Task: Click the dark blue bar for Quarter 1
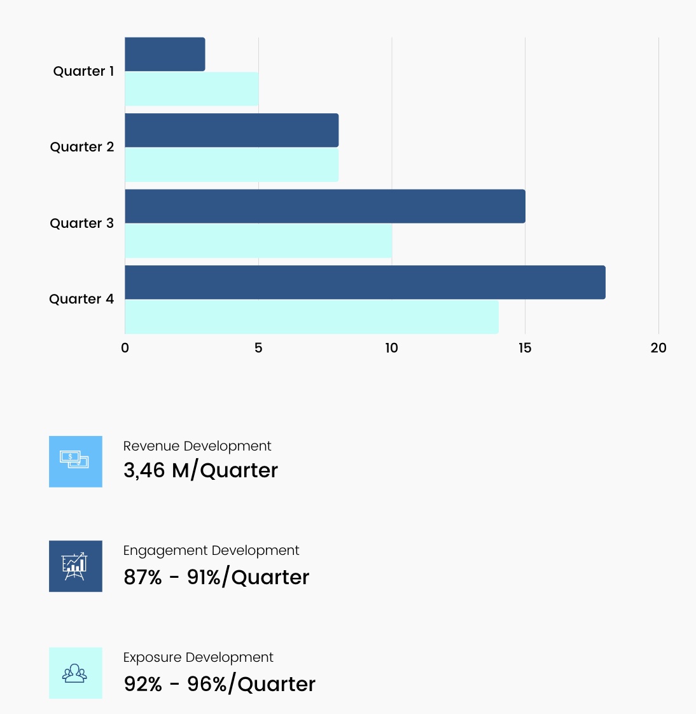point(165,55)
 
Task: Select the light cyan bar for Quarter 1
point(191,89)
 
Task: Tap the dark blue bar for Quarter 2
point(232,130)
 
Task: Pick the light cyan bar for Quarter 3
point(258,241)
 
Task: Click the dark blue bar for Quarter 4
point(365,283)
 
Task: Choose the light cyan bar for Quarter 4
point(312,317)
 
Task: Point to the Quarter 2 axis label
point(82,147)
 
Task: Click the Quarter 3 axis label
point(82,223)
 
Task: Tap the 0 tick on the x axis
point(125,348)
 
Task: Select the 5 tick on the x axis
point(258,348)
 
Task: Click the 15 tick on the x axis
point(525,348)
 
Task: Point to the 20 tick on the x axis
point(658,348)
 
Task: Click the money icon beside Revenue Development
point(76,461)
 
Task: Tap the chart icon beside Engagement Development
point(76,566)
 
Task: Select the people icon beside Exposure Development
point(76,673)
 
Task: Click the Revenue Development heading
point(197,446)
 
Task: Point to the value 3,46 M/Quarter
point(200,470)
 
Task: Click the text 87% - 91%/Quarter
point(216,577)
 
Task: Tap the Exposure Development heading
point(198,657)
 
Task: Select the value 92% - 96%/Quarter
point(219,684)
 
